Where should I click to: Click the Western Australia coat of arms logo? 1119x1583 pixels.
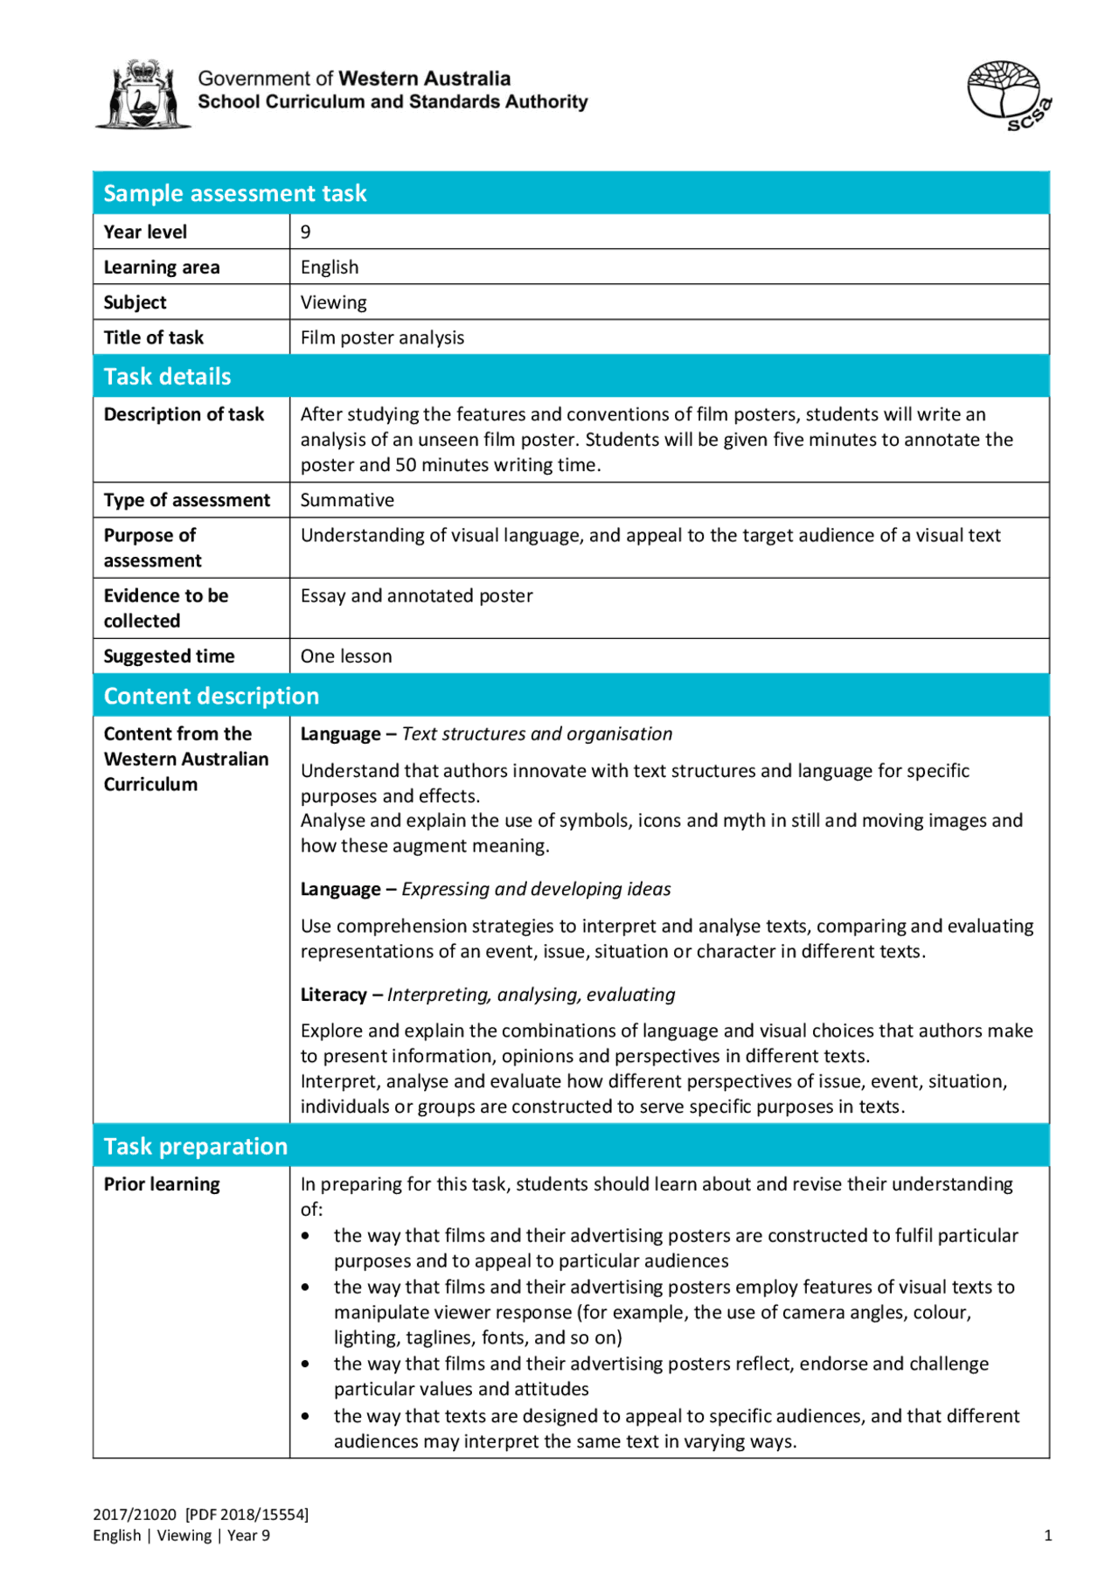[142, 94]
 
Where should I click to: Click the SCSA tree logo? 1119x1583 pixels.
[1007, 94]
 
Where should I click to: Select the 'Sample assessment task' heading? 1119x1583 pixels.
[234, 193]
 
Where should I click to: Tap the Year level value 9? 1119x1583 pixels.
[305, 232]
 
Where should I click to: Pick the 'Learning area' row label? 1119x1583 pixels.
[162, 267]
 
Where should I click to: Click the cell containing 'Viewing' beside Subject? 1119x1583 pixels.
[333, 302]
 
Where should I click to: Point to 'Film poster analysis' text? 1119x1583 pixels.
[382, 337]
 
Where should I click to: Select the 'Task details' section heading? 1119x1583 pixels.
[167, 377]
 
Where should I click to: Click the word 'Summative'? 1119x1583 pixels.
[347, 500]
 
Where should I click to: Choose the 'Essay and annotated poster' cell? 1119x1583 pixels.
[416, 596]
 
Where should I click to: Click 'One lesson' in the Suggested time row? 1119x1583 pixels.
[345, 656]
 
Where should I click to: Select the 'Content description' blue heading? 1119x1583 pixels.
[211, 696]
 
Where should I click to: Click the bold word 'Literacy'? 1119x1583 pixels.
[333, 995]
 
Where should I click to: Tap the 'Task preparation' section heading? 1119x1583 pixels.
[195, 1146]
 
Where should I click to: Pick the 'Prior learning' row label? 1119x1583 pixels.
[162, 1184]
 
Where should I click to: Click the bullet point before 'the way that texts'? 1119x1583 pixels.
[305, 1416]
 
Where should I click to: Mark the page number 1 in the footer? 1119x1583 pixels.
[1047, 1536]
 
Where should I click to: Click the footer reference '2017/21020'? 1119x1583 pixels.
[135, 1515]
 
